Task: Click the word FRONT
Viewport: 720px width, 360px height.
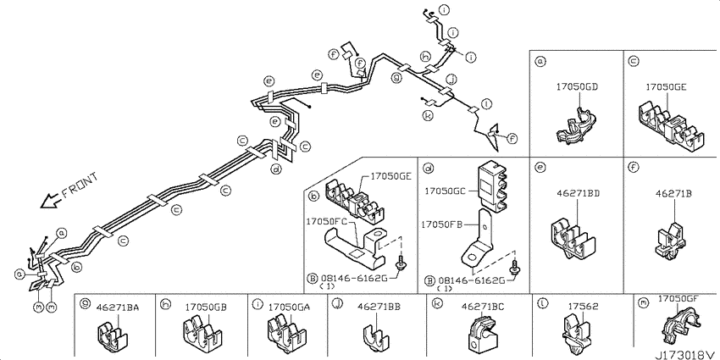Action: [80, 188]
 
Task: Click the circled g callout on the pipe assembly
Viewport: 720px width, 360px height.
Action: [396, 78]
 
